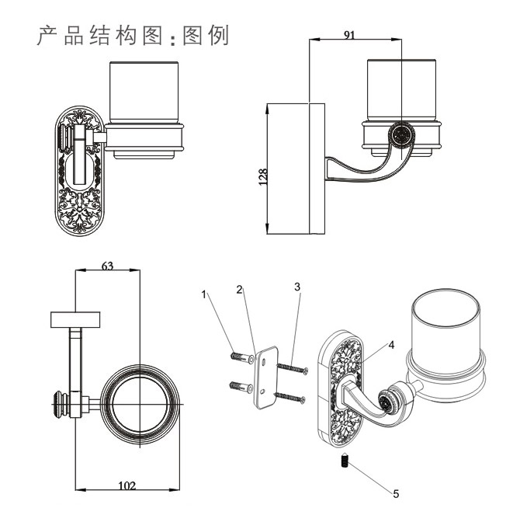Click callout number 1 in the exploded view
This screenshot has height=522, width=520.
coord(204,294)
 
